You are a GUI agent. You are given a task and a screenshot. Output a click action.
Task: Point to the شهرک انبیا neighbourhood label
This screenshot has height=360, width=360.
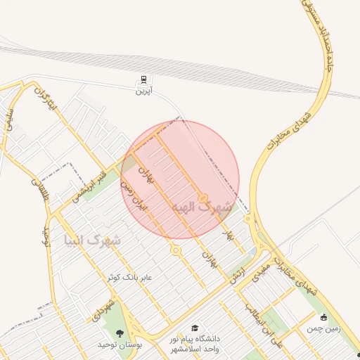(92, 240)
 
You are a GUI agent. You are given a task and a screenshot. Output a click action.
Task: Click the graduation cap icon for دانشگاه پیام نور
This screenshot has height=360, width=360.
(195, 328)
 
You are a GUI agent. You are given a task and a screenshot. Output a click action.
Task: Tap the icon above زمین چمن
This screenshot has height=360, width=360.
(324, 317)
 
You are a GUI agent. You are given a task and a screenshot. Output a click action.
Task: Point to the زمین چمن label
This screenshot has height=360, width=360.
(323, 328)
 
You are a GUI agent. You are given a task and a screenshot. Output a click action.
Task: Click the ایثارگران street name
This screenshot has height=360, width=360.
(44, 103)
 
